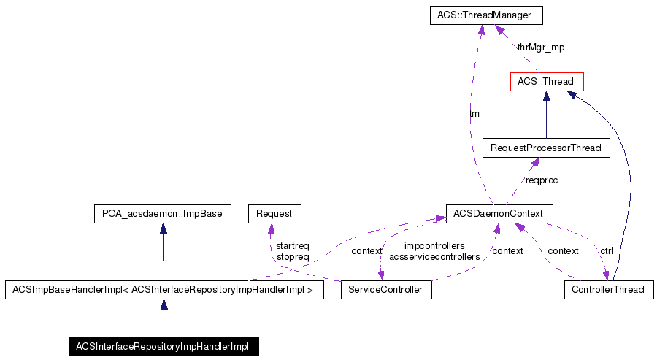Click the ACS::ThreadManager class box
click(479, 14)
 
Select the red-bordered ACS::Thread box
click(546, 81)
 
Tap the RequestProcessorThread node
click(545, 148)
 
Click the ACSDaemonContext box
click(499, 213)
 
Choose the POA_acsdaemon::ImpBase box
click(163, 213)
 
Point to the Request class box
click(274, 213)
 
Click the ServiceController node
click(385, 290)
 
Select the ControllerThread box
click(608, 290)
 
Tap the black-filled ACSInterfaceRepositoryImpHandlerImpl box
click(163, 346)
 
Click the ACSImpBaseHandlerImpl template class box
click(164, 290)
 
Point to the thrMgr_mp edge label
click(540, 47)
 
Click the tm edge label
click(474, 114)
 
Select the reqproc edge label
click(542, 180)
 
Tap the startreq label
click(292, 246)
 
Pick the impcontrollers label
click(434, 246)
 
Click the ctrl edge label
click(607, 250)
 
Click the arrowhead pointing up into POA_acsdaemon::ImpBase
click(163, 229)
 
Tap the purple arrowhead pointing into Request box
click(272, 228)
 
